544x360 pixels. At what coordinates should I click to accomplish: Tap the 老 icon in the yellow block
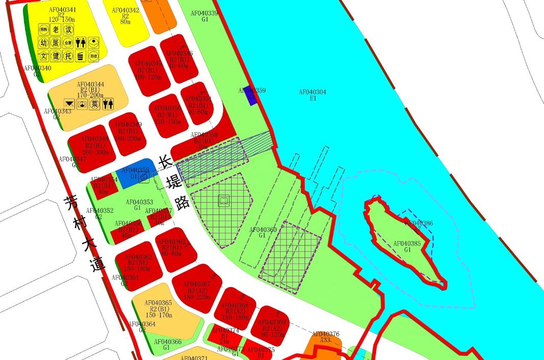[57, 30]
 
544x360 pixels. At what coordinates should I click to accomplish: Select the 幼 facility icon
[44, 43]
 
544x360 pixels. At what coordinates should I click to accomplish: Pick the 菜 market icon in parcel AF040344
[94, 104]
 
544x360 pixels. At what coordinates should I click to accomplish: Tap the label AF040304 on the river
[313, 92]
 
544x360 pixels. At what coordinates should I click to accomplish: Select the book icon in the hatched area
[224, 201]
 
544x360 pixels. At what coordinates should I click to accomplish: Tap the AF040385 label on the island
[407, 244]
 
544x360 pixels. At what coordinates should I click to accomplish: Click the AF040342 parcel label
[125, 10]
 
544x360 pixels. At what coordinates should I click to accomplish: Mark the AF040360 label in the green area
[263, 230]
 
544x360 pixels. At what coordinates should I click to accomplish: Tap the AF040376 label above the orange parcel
[325, 334]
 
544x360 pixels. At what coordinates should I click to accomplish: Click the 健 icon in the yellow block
[57, 56]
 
